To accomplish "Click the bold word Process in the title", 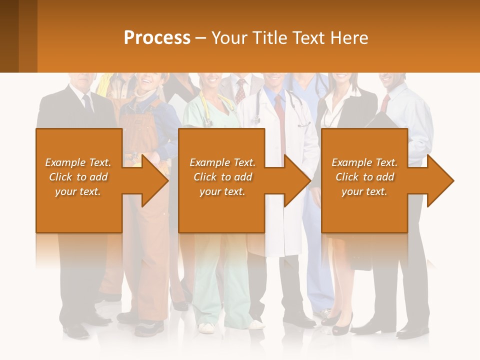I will [x=157, y=38].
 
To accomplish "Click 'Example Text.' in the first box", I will [x=78, y=162].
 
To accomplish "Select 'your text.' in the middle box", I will [x=222, y=191].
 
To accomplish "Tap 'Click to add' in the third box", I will [x=364, y=177].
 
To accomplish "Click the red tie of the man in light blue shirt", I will [x=384, y=103].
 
